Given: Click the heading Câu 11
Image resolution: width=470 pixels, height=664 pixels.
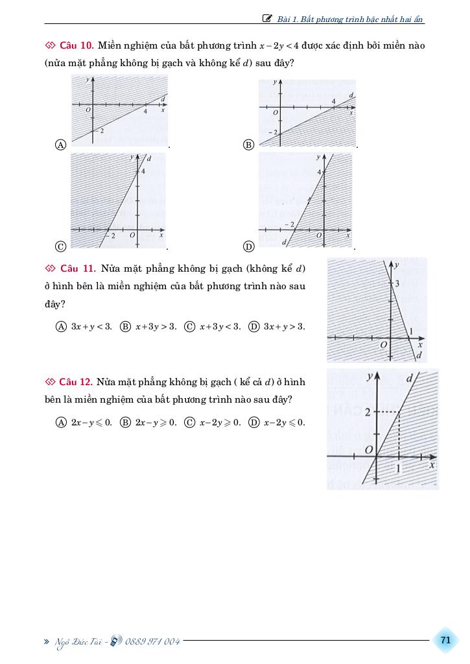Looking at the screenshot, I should [78, 268].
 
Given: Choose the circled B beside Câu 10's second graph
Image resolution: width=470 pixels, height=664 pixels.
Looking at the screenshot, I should [248, 145].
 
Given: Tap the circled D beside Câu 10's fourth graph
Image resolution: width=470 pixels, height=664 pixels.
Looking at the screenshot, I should [248, 246].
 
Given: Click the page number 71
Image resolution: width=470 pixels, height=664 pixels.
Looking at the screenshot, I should [445, 640].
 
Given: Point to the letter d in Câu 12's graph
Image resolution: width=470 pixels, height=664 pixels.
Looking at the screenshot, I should [409, 378].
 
